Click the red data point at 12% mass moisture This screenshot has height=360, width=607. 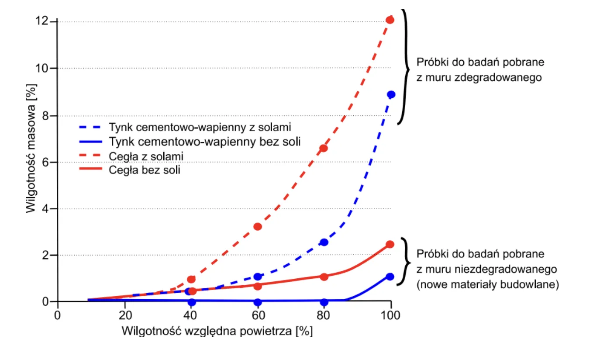[x=390, y=20]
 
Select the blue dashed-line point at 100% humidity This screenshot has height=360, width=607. [x=391, y=95]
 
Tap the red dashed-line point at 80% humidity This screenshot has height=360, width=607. [x=324, y=148]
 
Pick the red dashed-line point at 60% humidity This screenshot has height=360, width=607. [x=258, y=226]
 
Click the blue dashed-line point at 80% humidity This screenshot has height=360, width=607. [x=324, y=242]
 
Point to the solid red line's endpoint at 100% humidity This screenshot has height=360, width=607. [x=390, y=244]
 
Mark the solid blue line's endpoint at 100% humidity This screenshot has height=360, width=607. [x=390, y=277]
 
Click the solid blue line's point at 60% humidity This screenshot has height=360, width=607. [x=258, y=302]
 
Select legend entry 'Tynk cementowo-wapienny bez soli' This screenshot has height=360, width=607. [x=205, y=142]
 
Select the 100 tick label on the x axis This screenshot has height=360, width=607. [x=390, y=315]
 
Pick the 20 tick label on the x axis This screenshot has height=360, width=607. [x=125, y=315]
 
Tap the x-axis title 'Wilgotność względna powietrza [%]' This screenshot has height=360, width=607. [x=217, y=331]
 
